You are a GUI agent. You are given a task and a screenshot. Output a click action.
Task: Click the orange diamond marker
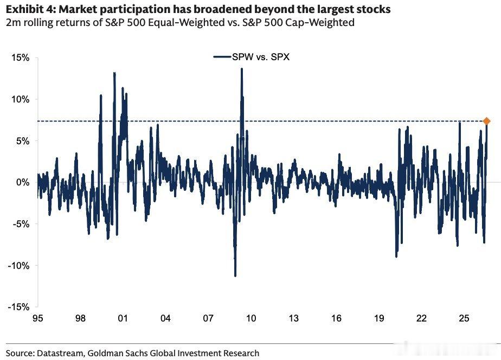point(486,121)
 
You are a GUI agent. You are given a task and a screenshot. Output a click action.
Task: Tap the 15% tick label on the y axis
point(21,58)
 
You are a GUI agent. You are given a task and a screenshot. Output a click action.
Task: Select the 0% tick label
point(23,182)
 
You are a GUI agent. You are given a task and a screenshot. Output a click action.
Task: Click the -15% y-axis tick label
point(18,307)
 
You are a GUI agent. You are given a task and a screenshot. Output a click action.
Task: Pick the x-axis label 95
point(38,318)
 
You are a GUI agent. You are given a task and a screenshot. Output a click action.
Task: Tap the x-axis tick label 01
point(123,318)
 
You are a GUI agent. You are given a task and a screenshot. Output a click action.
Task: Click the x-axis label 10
point(251,318)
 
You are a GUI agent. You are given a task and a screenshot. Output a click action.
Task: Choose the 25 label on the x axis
point(464,318)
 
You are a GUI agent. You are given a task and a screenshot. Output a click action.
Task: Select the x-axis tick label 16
point(336,318)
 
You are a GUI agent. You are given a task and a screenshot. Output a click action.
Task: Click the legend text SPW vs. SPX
point(261,57)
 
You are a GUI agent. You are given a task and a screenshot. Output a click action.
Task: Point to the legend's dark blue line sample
point(222,57)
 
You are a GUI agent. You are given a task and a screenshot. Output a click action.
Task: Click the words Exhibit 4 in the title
point(30,9)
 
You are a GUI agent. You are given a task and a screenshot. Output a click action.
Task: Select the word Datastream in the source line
point(60,353)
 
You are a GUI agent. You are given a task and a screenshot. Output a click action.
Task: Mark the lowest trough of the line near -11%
point(235,275)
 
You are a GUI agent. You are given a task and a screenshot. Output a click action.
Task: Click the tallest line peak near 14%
point(242,69)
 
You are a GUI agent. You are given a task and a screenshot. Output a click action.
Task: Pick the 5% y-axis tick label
point(23,141)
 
